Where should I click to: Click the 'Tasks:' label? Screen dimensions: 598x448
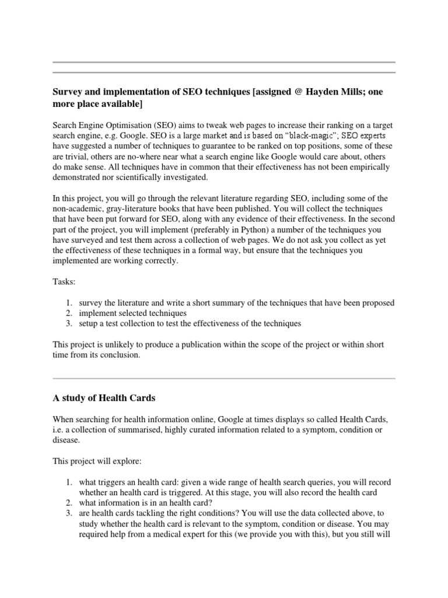click(64, 282)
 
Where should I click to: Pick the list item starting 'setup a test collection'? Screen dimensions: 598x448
click(190, 323)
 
